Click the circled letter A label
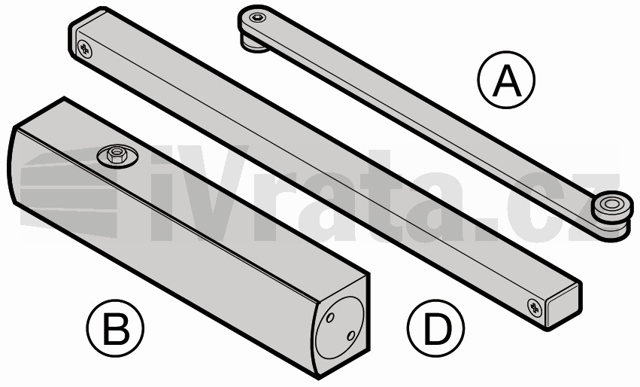[x=506, y=79]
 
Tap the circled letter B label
[x=115, y=328]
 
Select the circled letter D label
[x=435, y=328]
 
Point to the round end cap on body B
[x=340, y=328]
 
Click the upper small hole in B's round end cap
[x=330, y=317]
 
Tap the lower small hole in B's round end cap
[x=351, y=336]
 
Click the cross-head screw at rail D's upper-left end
[x=85, y=49]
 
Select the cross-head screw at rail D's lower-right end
[x=534, y=307]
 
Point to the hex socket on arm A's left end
[x=256, y=17]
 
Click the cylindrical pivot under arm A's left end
[x=253, y=44]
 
